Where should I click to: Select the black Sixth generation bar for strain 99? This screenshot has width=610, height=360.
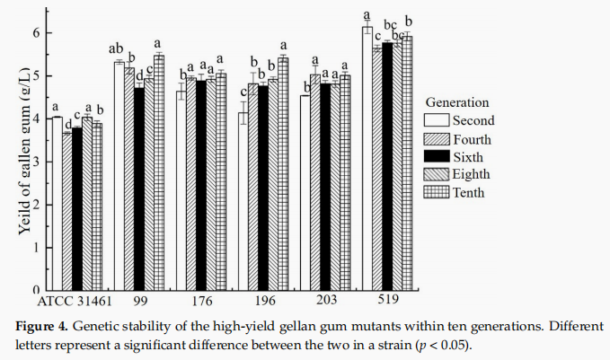tap(138, 189)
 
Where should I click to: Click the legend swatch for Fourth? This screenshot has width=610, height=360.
tap(436, 139)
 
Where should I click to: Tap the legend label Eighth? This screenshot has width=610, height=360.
tap(472, 173)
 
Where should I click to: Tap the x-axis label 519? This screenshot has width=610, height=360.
tap(388, 299)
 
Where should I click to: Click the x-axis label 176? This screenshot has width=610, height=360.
tap(201, 299)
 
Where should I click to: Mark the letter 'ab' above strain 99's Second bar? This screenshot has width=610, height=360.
tap(117, 49)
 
